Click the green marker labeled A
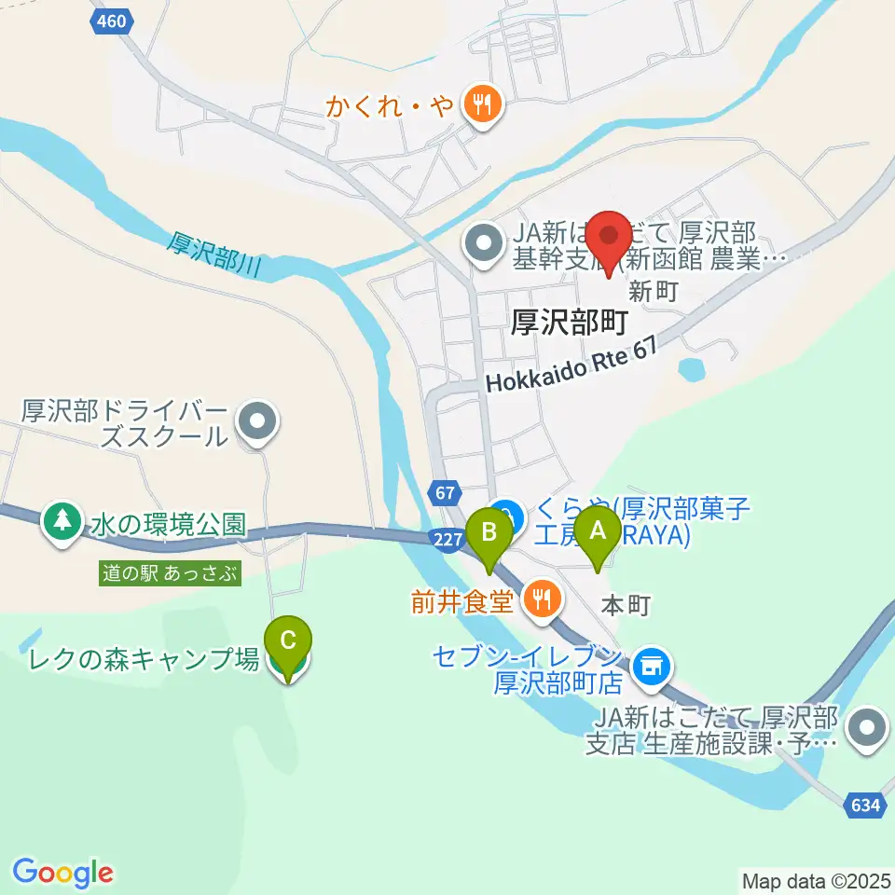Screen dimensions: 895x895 [x=597, y=534]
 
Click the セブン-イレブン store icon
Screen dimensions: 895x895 [x=651, y=666]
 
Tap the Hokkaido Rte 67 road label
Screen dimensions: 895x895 [x=572, y=366]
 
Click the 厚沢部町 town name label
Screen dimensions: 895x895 [x=569, y=322]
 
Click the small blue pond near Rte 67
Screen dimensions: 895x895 [x=694, y=369]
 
